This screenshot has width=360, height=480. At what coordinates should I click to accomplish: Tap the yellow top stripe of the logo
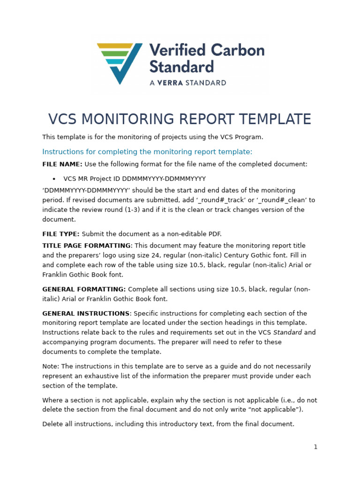point(115,46)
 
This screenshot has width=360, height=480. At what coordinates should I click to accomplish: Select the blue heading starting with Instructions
point(147,152)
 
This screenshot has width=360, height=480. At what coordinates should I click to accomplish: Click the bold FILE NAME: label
point(62,165)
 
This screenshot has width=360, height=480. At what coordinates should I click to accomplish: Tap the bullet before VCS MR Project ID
point(54,179)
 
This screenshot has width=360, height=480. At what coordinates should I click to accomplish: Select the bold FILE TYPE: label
point(61,234)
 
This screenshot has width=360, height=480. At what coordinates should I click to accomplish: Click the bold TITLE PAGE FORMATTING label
point(86,246)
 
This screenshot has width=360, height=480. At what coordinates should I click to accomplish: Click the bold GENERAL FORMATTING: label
point(84,290)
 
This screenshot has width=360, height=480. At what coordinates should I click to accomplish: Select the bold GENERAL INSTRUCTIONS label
point(86,314)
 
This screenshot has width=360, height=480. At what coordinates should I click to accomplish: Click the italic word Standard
point(287,333)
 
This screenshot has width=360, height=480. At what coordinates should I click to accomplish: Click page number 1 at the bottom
point(315,447)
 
